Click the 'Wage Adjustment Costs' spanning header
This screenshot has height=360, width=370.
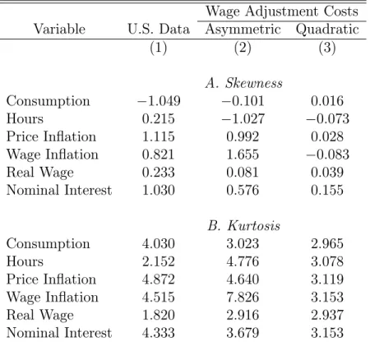click(x=282, y=12)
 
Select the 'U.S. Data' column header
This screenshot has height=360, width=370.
click(x=159, y=29)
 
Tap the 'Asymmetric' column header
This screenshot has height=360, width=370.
click(x=243, y=30)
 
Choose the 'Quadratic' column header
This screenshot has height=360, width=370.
click(x=327, y=30)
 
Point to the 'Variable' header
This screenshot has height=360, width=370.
click(x=59, y=29)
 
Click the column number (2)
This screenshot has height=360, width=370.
click(x=243, y=48)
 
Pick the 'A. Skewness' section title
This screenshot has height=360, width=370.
click(x=243, y=83)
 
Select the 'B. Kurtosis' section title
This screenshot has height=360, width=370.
click(x=243, y=225)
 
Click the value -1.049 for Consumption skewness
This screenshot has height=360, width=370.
click(x=159, y=101)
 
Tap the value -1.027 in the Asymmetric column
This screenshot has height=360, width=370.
click(x=243, y=118)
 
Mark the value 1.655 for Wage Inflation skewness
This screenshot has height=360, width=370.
click(x=243, y=155)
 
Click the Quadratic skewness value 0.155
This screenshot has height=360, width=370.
click(x=327, y=190)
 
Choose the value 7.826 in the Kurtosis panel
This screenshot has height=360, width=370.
click(x=243, y=297)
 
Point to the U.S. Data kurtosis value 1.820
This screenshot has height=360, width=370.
click(x=159, y=315)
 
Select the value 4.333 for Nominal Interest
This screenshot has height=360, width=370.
click(x=159, y=333)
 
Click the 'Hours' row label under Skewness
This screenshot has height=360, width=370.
click(x=25, y=118)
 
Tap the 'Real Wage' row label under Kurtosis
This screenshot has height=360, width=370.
click(x=40, y=315)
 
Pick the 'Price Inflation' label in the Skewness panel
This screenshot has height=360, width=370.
click(x=51, y=136)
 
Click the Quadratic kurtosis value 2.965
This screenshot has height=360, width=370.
click(x=327, y=243)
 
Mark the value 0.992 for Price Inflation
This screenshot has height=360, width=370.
click(x=243, y=136)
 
